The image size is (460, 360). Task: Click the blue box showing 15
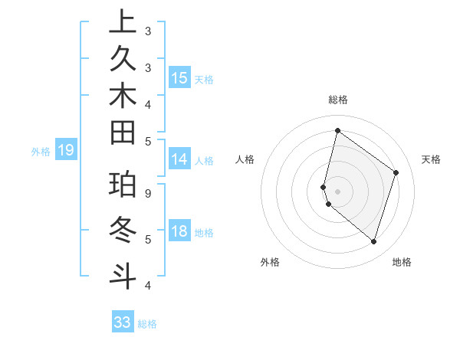(179, 77)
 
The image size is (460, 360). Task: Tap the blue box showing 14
(179, 159)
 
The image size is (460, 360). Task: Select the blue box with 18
(179, 231)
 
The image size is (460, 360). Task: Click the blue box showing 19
(66, 150)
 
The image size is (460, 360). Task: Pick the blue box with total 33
(123, 322)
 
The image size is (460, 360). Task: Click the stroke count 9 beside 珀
(148, 194)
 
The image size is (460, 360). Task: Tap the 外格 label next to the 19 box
(41, 152)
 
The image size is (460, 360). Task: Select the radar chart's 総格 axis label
(337, 100)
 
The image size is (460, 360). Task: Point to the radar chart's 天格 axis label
(431, 159)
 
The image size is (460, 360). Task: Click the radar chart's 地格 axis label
(402, 262)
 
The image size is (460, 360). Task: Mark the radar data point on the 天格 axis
(396, 172)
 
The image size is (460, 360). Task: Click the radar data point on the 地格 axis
(373, 241)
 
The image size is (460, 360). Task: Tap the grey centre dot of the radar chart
(337, 191)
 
